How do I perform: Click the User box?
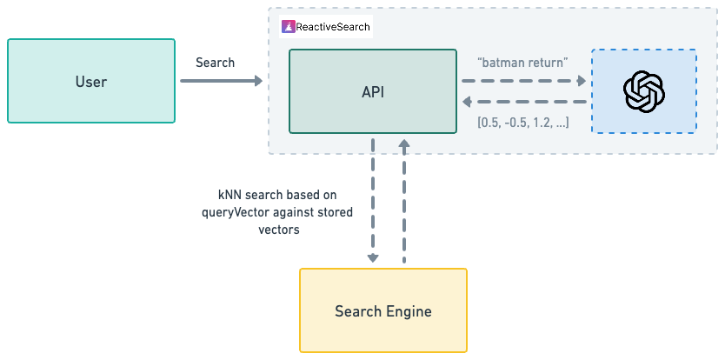(x=90, y=82)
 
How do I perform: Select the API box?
(x=372, y=91)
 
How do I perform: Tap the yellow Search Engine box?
(x=382, y=310)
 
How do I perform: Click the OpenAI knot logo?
(x=644, y=91)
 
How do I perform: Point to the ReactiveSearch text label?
(x=333, y=27)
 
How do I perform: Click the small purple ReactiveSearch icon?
(x=288, y=27)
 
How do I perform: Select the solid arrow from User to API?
(x=221, y=82)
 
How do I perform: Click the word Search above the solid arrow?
(x=214, y=63)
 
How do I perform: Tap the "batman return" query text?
(x=523, y=63)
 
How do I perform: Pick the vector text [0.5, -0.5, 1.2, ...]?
(x=523, y=123)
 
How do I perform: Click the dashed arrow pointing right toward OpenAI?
(x=523, y=81)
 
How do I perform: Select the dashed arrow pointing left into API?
(x=523, y=101)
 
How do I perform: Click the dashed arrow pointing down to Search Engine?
(x=373, y=200)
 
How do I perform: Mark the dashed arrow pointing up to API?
(x=404, y=200)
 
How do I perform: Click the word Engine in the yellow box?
(x=409, y=310)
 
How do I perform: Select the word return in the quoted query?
(x=546, y=63)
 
